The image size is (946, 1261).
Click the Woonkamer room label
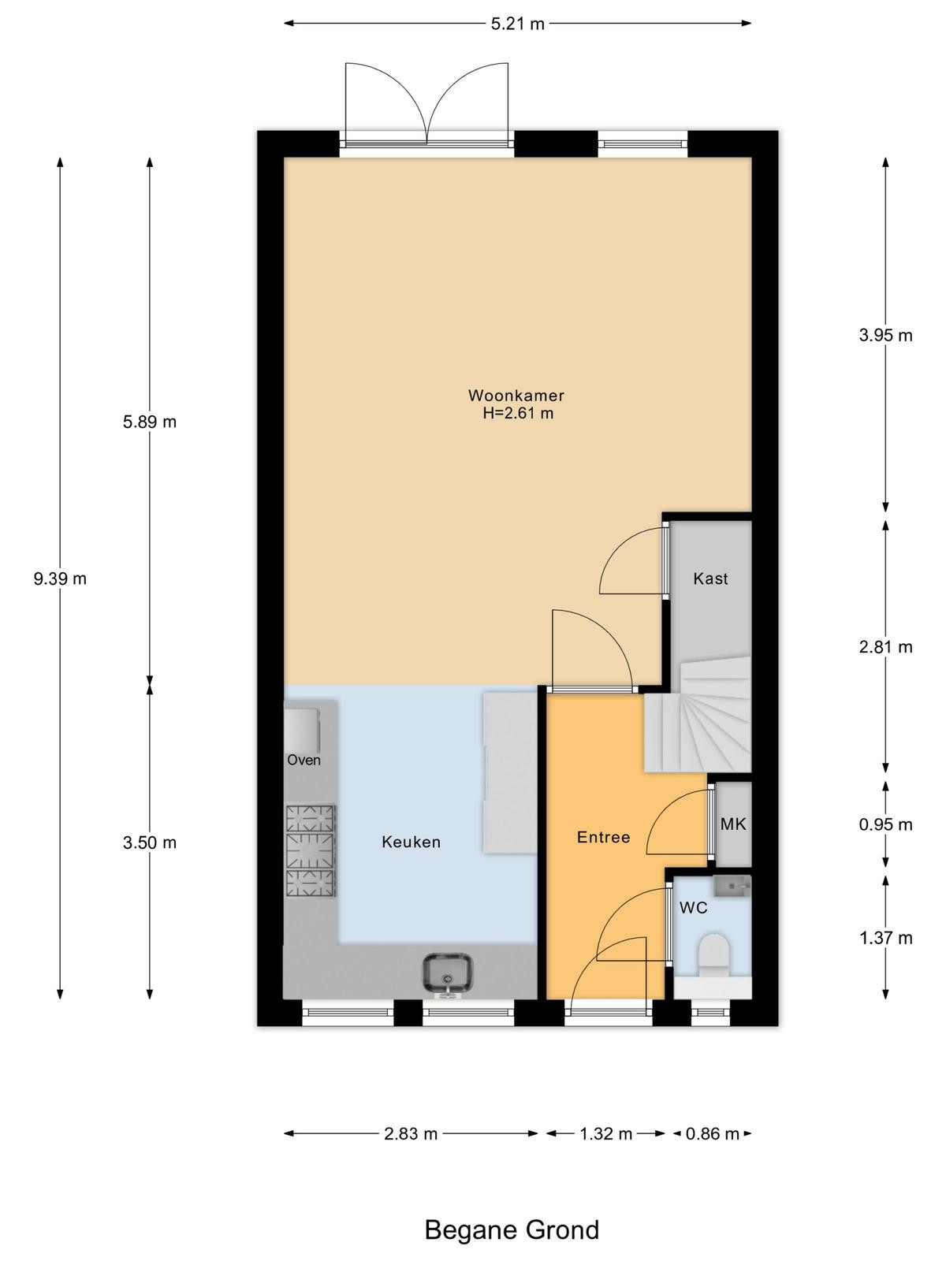click(516, 396)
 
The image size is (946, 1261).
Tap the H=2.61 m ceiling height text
click(518, 413)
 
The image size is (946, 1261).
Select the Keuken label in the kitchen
click(412, 843)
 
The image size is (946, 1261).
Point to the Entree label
click(604, 837)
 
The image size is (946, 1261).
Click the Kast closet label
click(710, 578)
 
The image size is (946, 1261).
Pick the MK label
click(733, 824)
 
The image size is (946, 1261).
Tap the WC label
click(693, 908)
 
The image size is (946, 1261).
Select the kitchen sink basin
click(448, 973)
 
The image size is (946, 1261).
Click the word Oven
click(304, 761)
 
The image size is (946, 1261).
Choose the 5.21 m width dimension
click(517, 24)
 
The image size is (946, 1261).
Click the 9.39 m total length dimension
click(60, 578)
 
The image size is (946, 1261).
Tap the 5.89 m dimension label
click(149, 422)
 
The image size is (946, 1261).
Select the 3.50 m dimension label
click(149, 843)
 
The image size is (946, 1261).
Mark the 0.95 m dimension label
click(885, 825)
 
